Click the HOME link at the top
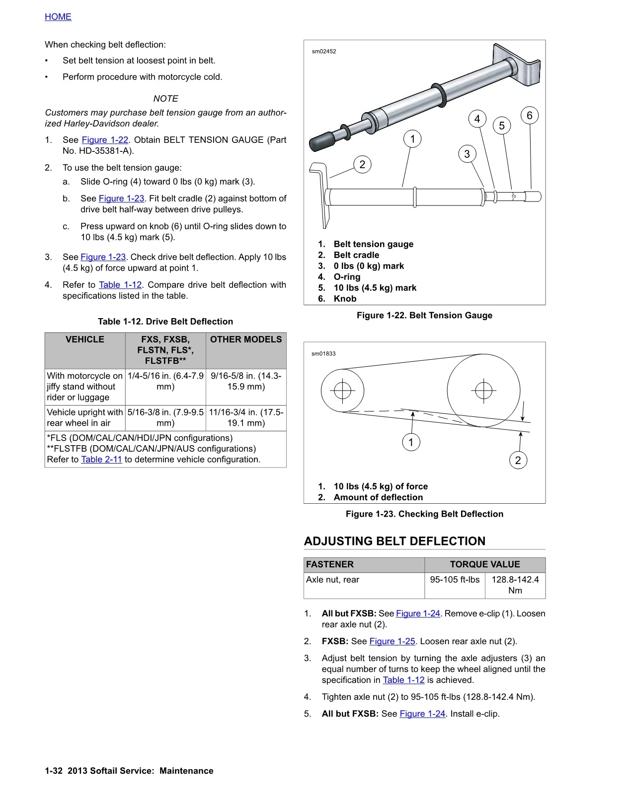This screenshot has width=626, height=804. coord(58,17)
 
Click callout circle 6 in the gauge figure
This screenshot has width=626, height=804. coord(529,116)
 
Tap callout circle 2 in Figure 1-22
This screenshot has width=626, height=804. coord(362,165)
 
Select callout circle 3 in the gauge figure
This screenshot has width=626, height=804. coord(467,154)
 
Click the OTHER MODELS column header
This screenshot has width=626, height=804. coord(246,339)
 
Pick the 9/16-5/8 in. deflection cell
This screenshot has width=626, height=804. coord(246,381)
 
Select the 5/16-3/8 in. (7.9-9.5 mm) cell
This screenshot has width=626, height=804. coord(165,417)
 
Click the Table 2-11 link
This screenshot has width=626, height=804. coord(101,460)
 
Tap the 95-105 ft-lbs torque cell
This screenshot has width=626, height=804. coord(455,580)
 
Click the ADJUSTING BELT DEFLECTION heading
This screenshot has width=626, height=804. coord(394,541)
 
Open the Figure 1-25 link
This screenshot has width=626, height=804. coord(392,641)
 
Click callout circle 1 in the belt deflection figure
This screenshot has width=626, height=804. coord(411,442)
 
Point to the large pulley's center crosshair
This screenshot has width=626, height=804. coord(483,390)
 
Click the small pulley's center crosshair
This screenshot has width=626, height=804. coord(342,391)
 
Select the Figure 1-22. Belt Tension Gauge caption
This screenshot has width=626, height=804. coord(424,315)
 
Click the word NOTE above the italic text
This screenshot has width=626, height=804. coord(165,99)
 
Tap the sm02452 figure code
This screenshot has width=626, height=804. coord(324,51)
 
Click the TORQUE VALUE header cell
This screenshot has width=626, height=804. coord(484,564)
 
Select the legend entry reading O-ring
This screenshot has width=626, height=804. coord(347,277)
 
